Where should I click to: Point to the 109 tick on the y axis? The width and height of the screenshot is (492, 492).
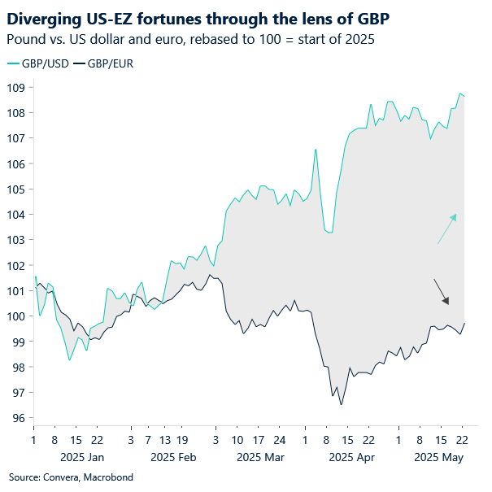click(x=17, y=87)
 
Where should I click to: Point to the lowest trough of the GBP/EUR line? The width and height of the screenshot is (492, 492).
click(x=341, y=404)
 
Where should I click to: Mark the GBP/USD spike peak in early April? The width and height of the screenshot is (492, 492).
click(x=316, y=150)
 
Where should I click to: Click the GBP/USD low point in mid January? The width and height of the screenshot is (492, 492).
click(x=70, y=360)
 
